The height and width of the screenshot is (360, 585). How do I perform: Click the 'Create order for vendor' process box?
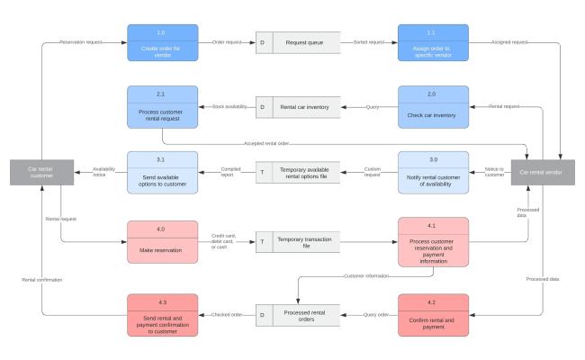(x=163, y=43)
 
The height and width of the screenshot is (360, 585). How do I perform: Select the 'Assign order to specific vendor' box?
(x=436, y=43)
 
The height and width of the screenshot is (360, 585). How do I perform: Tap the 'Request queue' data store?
(x=298, y=42)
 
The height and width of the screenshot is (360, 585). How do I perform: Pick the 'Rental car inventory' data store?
(x=298, y=107)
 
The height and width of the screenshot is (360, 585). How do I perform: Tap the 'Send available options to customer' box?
(x=163, y=172)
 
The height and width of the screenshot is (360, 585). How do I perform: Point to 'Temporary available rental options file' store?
(x=298, y=172)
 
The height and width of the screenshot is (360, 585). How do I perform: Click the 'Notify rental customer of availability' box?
(x=436, y=172)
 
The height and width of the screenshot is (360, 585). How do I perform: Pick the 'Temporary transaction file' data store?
(x=298, y=241)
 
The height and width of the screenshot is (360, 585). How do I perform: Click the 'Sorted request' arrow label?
(x=369, y=42)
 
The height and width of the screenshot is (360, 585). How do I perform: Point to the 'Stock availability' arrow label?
(x=230, y=107)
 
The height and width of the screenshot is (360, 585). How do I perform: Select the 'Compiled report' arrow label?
(x=231, y=172)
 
